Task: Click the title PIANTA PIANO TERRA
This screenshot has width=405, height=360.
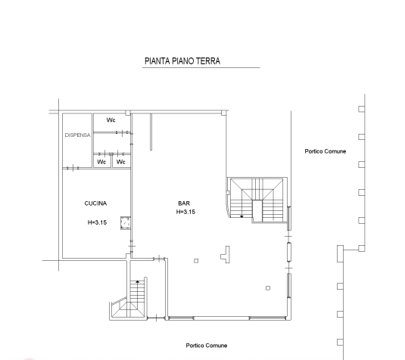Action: coord(182,61)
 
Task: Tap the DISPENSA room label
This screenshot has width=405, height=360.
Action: coord(77,135)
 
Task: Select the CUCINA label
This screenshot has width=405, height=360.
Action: coord(95,203)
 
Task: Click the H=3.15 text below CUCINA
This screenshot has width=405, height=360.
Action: coord(97,222)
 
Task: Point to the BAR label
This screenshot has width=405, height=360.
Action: coord(184,203)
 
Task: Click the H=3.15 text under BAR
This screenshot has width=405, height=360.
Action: coord(185,212)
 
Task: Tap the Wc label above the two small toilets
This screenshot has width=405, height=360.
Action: coord(111,120)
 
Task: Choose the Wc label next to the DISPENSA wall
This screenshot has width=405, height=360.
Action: coord(101,162)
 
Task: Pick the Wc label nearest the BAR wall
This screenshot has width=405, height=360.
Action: coord(121,162)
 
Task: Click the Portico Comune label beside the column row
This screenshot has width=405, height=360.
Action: coord(326,151)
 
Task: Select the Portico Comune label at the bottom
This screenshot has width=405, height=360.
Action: coord(207,346)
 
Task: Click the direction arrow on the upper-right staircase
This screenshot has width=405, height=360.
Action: coord(241,216)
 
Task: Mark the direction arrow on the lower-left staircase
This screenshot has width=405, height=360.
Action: coord(138,282)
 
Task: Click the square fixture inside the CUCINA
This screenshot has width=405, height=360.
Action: coord(126,222)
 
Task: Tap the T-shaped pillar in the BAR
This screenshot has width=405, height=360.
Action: coord(226,254)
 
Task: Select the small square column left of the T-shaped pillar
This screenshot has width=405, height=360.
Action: coord(196,261)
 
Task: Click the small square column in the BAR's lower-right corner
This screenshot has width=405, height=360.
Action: coord(268,288)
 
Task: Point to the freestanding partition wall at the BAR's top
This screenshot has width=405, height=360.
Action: coord(151,132)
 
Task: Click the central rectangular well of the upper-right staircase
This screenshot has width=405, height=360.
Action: coord(257,211)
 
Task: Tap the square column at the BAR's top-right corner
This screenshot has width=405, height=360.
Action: coord(223,113)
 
